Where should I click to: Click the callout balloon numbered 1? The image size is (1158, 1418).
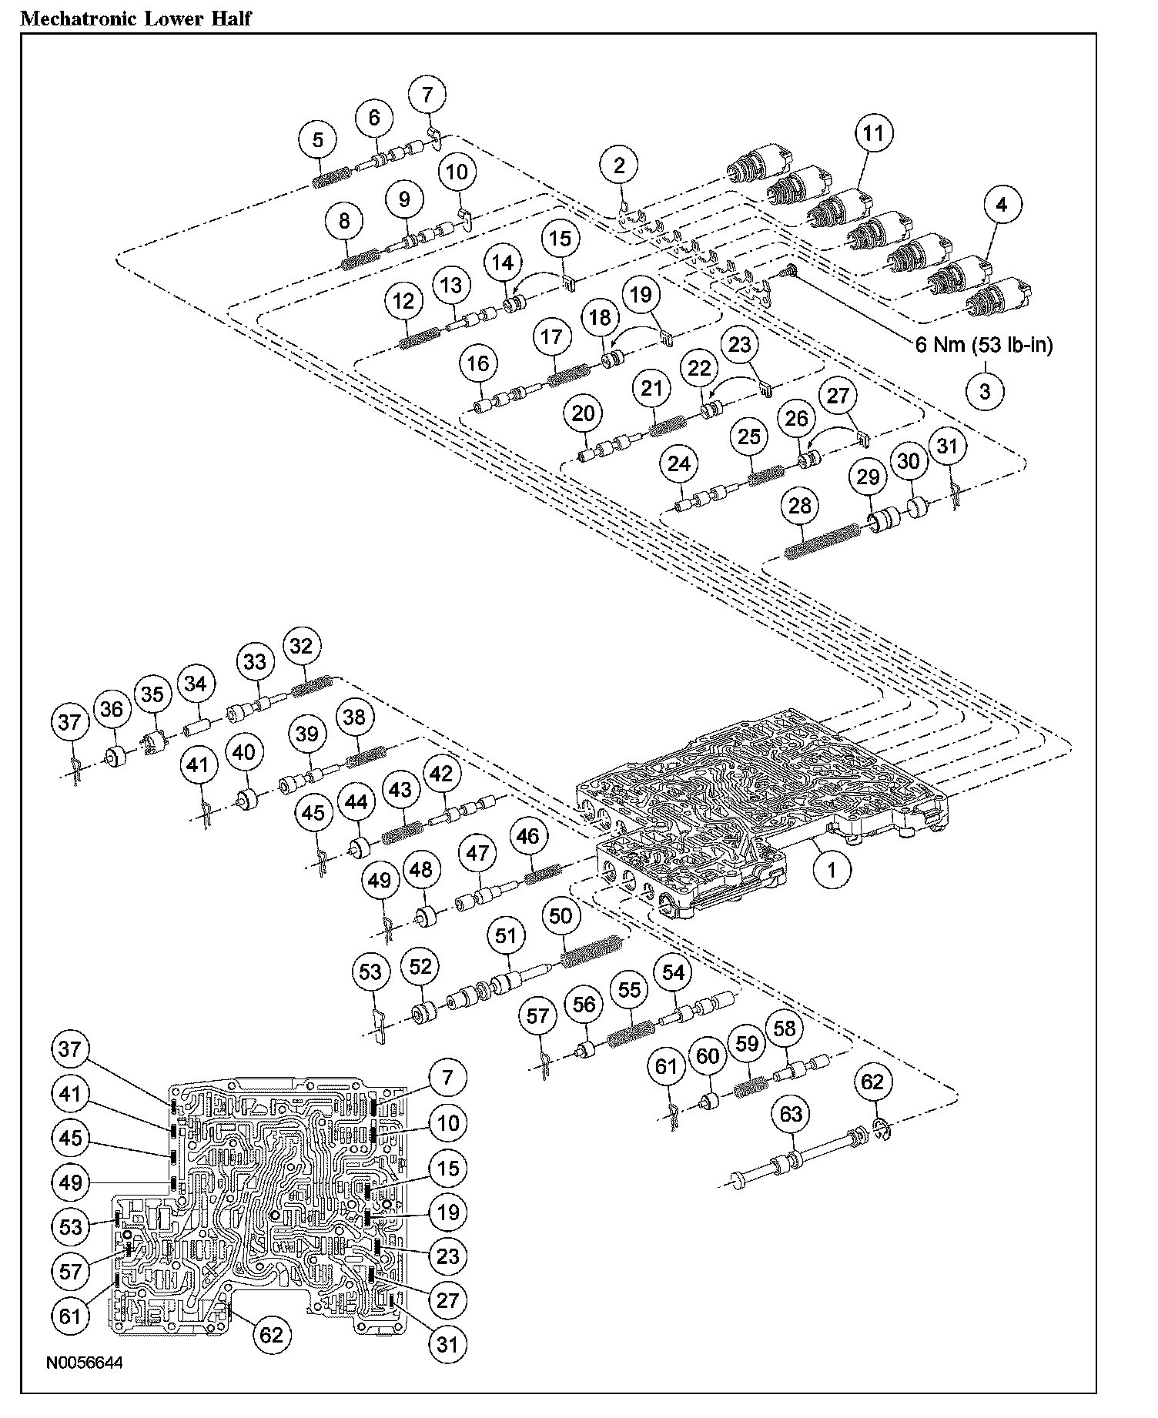[832, 869]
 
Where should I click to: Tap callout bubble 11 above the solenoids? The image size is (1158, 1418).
[872, 133]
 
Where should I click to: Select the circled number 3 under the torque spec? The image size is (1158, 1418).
[985, 391]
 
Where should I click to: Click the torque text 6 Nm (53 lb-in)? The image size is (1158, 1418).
[983, 344]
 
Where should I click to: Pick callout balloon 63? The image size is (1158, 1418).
[791, 1115]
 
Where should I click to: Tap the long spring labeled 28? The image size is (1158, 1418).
[822, 541]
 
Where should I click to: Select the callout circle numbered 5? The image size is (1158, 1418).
[318, 139]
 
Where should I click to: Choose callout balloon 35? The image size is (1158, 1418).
[152, 694]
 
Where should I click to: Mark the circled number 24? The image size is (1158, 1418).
[678, 464]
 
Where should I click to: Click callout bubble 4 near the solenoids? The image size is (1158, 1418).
[1001, 205]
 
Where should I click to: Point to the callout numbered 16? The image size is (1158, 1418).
[478, 363]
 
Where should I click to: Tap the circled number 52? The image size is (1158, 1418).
[420, 967]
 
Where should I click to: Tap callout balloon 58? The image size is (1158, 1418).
[784, 1029]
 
